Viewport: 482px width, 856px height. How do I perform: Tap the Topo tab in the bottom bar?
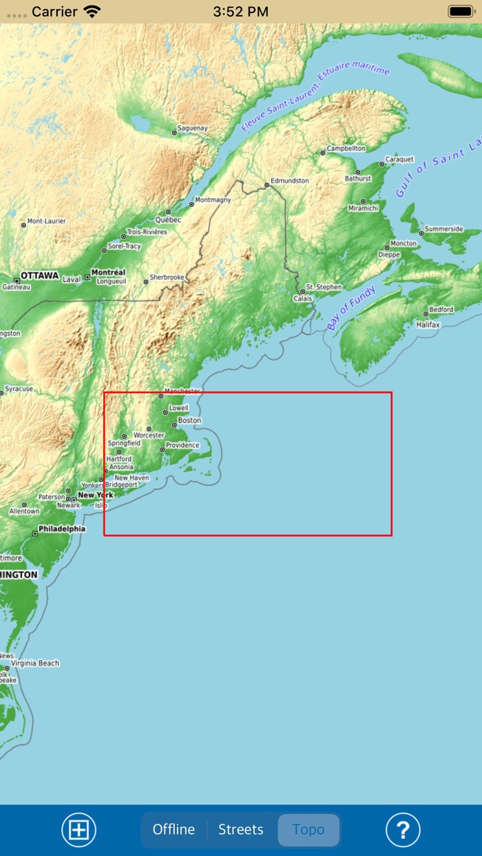point(308,830)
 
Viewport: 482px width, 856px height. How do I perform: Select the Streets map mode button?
point(241,830)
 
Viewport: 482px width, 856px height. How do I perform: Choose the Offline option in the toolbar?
point(174,830)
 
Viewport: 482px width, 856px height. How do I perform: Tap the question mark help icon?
point(403,830)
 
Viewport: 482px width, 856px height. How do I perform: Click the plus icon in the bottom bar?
point(79,830)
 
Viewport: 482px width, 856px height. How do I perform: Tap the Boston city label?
point(189,420)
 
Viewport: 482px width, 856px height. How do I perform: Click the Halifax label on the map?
point(428,324)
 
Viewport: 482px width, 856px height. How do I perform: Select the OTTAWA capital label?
point(40,275)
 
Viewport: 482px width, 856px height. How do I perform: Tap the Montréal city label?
point(108,272)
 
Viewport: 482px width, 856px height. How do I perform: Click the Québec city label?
point(168,220)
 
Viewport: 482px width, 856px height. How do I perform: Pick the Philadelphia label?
point(62,529)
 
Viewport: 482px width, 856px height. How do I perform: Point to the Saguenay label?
point(192,128)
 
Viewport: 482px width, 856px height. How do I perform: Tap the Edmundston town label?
point(290,180)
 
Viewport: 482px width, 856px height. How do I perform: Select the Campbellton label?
point(346,148)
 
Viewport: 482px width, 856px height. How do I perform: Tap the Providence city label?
point(182,445)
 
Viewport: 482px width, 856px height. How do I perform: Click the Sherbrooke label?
point(167,277)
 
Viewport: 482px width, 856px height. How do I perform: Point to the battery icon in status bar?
point(460,11)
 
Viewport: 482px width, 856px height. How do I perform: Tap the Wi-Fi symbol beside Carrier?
point(92,11)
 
